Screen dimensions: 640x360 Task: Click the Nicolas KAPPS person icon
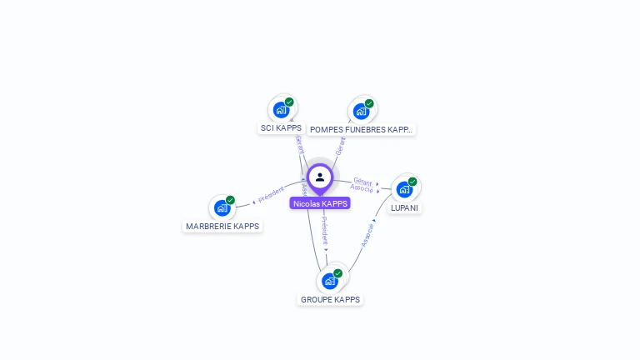(320, 177)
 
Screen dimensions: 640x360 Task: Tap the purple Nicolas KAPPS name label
(320, 203)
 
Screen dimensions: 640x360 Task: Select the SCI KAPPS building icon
(282, 109)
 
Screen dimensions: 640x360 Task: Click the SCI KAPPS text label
(281, 128)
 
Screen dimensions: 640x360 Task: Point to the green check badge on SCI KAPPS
(289, 102)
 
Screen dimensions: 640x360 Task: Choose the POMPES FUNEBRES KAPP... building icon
(362, 111)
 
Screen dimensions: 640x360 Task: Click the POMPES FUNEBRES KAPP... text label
(361, 130)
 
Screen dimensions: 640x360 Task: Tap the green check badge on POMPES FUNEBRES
(369, 103)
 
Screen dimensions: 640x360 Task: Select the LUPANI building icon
(405, 189)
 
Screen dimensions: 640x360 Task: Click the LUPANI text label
(405, 207)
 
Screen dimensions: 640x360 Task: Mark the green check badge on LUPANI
(412, 182)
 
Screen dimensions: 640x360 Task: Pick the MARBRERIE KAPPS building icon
(222, 207)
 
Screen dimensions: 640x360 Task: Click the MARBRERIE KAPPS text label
(222, 226)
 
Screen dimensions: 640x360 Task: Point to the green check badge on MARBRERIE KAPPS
(230, 200)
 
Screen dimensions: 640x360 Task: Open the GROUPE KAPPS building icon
(330, 281)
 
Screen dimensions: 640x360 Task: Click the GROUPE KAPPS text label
(330, 299)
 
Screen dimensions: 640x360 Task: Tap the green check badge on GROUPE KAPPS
(337, 273)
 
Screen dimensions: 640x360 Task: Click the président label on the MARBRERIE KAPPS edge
(272, 195)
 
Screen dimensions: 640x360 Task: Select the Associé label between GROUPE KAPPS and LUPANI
(367, 235)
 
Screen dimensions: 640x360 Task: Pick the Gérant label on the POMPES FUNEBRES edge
(340, 147)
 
